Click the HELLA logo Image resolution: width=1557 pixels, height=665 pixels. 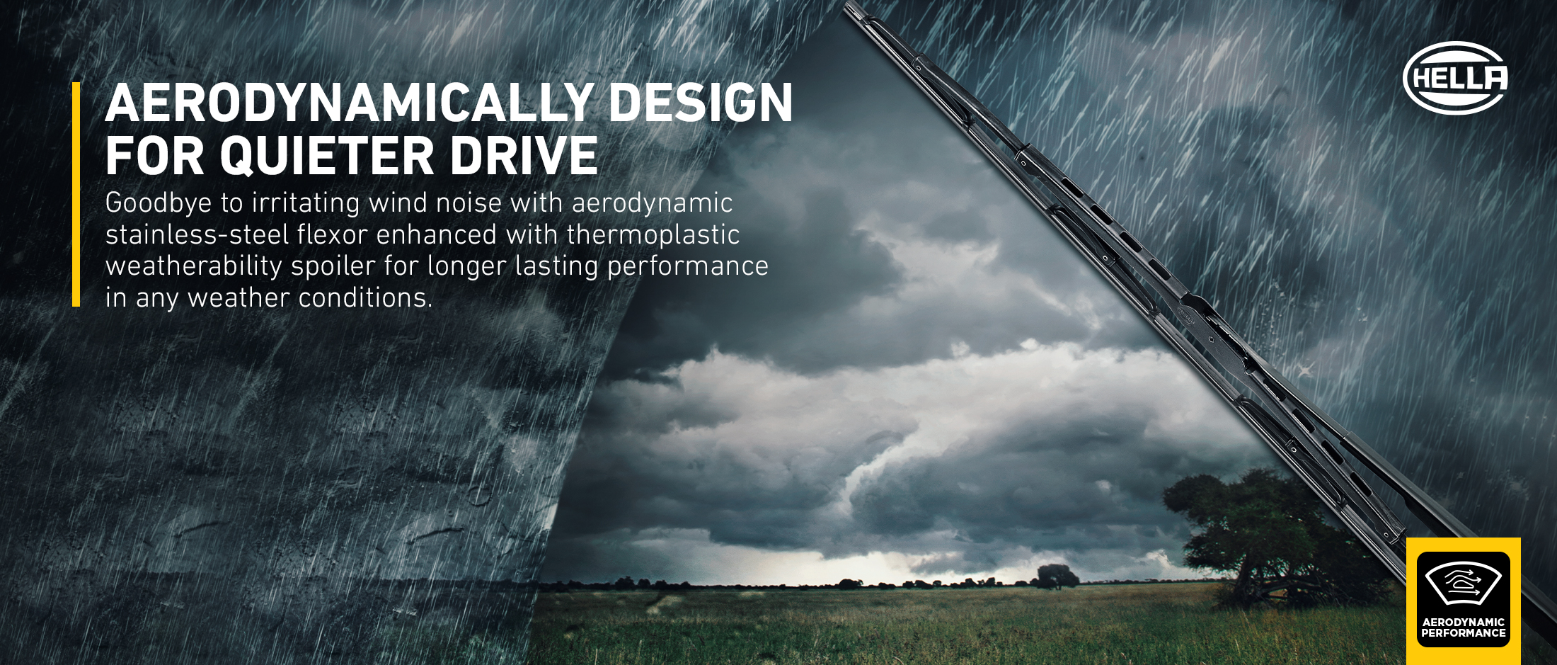(x=1455, y=78)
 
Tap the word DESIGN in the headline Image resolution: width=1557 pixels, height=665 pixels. (x=701, y=103)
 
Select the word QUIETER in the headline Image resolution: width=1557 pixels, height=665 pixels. (x=327, y=156)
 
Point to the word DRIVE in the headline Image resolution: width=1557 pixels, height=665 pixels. (x=524, y=156)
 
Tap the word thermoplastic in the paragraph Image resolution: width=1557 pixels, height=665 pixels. (x=653, y=235)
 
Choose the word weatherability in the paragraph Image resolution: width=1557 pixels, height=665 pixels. (x=194, y=267)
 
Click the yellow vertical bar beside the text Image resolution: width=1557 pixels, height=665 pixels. (x=76, y=195)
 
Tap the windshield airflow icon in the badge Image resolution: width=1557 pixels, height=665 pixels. (x=1463, y=584)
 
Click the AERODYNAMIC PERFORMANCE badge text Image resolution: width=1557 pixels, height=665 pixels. (x=1464, y=627)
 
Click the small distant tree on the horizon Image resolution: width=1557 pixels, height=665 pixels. (x=1057, y=576)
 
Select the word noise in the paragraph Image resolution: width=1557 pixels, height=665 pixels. (x=469, y=203)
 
